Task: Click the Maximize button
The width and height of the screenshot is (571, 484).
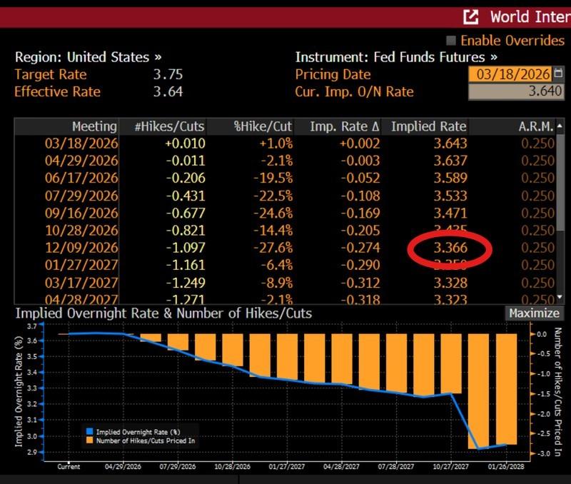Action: (534, 313)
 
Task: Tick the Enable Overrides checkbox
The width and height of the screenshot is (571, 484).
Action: (451, 41)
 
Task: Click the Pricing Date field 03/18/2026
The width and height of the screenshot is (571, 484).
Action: (510, 74)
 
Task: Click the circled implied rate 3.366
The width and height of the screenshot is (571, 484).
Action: (450, 247)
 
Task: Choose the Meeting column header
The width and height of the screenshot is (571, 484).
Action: (95, 126)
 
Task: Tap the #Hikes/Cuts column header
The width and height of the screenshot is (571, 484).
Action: (169, 126)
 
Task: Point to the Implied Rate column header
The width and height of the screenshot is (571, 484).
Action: (428, 126)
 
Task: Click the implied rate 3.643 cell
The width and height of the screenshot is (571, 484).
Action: (450, 143)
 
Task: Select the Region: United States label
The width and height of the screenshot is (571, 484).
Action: (88, 57)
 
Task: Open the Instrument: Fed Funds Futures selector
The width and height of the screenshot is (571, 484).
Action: (396, 57)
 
